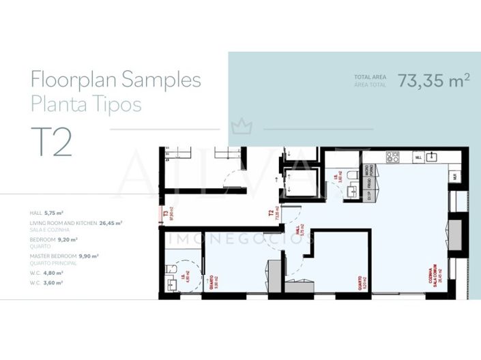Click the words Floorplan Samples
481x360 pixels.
click(116, 80)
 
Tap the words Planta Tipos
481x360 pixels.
click(86, 104)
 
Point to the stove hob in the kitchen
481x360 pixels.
click(393, 157)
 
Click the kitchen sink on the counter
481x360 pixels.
click(433, 157)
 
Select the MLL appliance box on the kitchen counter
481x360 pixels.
click(418, 157)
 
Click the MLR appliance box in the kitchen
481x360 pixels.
click(452, 177)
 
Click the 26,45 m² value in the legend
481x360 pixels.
click(111, 223)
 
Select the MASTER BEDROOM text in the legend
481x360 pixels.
click(53, 256)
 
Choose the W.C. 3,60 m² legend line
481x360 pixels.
click(46, 282)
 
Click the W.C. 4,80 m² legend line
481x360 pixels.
click(46, 273)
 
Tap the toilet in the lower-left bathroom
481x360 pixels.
click(170, 282)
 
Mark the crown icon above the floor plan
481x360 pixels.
click(239, 127)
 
